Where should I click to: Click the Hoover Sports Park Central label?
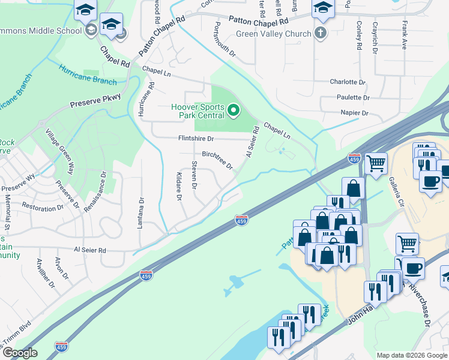197,110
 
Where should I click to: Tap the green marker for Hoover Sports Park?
234,110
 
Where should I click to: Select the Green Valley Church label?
273,34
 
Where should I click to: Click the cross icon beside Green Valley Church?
321,34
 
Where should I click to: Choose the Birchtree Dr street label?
217,160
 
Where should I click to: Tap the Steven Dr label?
194,175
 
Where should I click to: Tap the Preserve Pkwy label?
95,100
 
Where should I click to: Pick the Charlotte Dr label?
348,82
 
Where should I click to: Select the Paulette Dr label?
353,97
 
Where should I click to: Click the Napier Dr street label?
354,113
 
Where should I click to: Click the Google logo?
20,353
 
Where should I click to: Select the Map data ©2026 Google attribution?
411,355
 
